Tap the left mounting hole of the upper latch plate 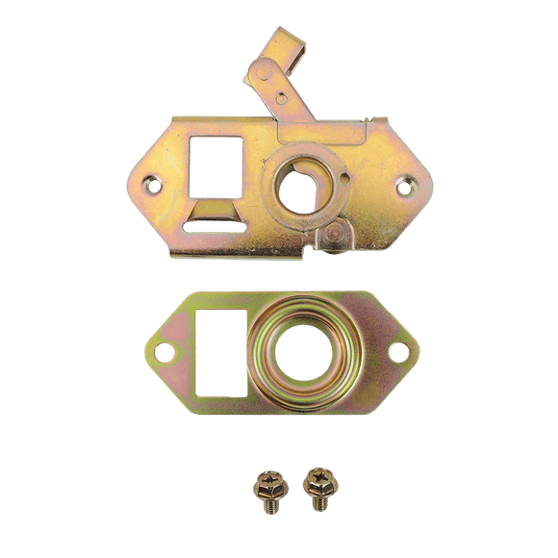click(x=150, y=180)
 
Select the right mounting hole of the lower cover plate click(x=393, y=352)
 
